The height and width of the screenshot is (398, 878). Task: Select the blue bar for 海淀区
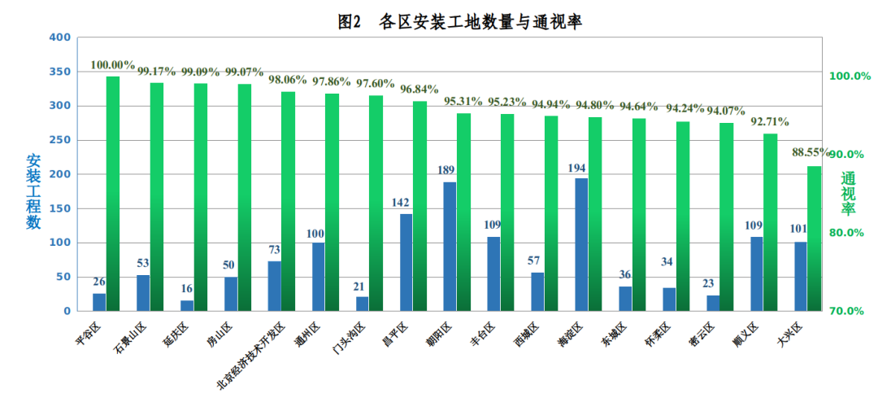tap(581, 244)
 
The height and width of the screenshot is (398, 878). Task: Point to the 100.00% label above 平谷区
tap(113, 65)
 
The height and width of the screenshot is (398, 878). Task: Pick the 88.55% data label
tap(812, 152)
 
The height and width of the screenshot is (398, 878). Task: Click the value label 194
tap(580, 168)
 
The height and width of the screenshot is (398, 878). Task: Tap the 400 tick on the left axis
tap(59, 37)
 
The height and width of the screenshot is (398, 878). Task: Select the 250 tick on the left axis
tap(59, 140)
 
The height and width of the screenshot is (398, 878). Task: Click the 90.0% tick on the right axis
tap(849, 155)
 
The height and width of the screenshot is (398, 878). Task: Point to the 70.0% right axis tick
tap(849, 311)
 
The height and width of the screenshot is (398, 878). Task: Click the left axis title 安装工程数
tap(33, 191)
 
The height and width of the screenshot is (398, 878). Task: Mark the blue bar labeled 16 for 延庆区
tap(187, 305)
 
